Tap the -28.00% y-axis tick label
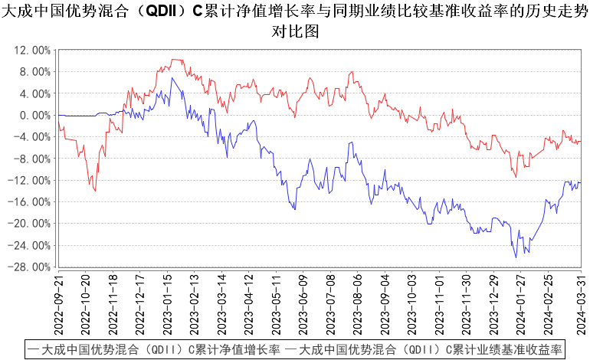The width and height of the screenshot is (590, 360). (31, 267)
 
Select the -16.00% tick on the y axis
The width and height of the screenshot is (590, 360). (31, 202)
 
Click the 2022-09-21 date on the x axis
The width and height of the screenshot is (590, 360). (58, 304)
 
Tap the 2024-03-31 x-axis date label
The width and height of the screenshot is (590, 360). (580, 304)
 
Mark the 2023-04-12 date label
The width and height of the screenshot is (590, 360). (250, 304)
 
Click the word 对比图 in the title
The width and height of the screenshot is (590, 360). (295, 33)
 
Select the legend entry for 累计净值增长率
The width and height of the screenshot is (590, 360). (153, 349)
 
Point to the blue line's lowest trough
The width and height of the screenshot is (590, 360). (516, 257)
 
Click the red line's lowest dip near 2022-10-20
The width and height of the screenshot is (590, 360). (95, 191)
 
